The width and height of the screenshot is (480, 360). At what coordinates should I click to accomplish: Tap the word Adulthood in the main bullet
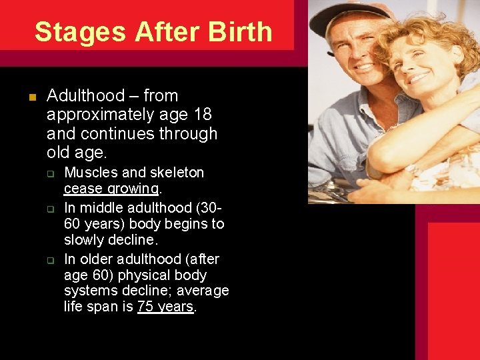86,96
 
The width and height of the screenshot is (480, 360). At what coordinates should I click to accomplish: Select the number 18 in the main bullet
203,115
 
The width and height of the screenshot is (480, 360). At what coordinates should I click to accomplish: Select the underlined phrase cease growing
111,189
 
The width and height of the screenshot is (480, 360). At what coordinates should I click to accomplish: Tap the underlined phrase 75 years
165,307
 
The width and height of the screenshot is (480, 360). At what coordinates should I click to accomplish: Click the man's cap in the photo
340,17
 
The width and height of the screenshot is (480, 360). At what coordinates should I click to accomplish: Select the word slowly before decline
86,240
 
